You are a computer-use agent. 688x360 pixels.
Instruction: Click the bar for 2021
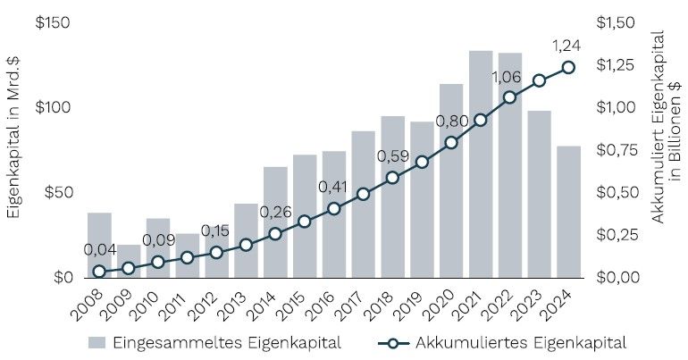click(481, 164)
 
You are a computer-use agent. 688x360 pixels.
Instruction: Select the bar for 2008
click(99, 245)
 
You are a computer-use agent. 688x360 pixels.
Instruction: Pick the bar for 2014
click(275, 222)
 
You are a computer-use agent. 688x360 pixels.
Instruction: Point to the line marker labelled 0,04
click(99, 271)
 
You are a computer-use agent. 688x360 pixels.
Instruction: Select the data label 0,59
click(393, 156)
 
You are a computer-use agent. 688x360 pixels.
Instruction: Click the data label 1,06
click(507, 78)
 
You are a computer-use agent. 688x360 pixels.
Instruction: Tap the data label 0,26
click(275, 213)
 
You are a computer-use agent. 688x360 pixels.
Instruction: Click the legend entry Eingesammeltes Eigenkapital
click(214, 341)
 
